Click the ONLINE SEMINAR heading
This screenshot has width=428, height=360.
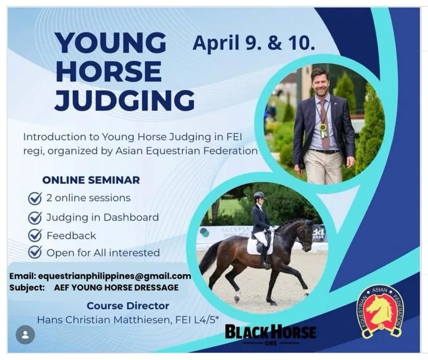tap(91, 180)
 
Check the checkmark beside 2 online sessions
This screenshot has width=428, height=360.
tap(35, 199)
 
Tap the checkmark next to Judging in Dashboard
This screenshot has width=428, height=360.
tap(35, 217)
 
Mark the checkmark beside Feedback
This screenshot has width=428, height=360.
tap(35, 235)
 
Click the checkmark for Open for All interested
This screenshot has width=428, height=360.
tap(35, 253)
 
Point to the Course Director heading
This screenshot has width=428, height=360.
tap(128, 306)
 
